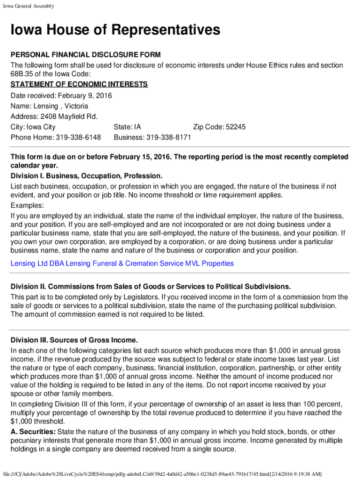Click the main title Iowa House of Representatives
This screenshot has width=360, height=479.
115,31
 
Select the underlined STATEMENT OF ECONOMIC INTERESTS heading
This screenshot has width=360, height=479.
79,84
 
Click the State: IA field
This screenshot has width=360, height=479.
127,127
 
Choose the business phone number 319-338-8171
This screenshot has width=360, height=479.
169,138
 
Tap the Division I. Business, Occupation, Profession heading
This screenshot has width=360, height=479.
86,176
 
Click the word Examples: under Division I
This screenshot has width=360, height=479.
28,206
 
